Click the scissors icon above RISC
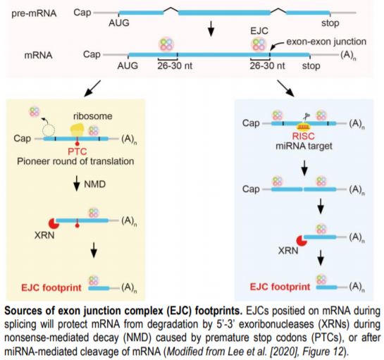click(307, 113)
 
